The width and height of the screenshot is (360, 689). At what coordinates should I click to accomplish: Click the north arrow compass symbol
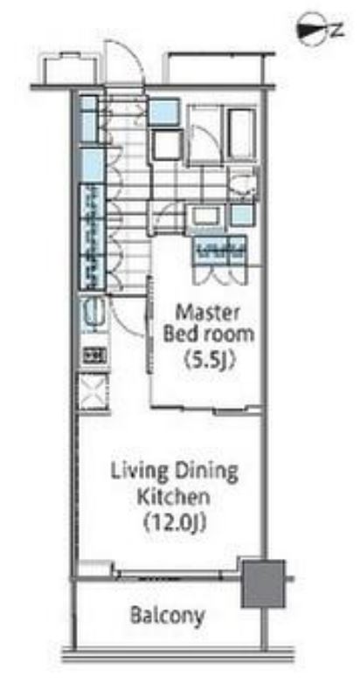pos(319,30)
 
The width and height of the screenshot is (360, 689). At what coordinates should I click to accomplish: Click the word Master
pos(208,313)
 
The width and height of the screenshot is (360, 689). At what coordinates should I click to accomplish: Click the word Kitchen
pos(173,498)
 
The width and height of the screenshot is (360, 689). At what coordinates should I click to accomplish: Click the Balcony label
pos(168,616)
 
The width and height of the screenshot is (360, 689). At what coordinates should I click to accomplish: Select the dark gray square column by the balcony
pos(263,583)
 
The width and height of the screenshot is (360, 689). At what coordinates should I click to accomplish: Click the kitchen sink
pos(93,312)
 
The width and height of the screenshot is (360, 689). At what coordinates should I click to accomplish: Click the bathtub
pos(242,134)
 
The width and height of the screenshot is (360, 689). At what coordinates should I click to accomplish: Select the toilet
pos(245,183)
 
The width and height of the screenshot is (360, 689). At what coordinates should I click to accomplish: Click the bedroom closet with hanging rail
pos(220,251)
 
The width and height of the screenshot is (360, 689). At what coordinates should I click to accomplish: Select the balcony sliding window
pos(177,574)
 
